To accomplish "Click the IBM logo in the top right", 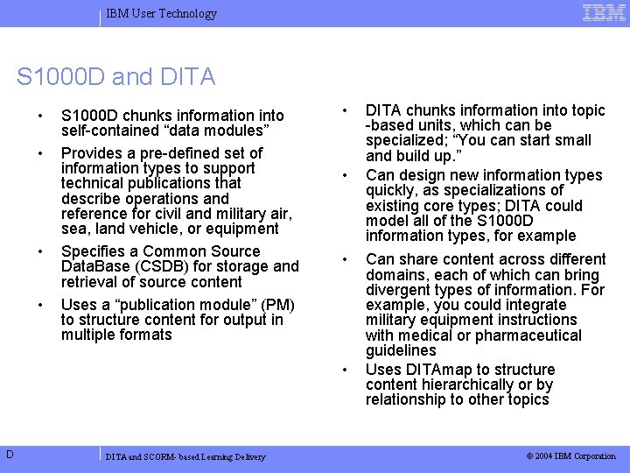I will coord(604,12).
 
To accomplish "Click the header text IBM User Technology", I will coord(161,13).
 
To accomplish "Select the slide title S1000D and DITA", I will coord(115,77).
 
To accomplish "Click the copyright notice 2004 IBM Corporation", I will coord(570,456).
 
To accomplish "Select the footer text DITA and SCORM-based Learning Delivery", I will coord(185,456).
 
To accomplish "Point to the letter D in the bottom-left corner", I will coord(8,453).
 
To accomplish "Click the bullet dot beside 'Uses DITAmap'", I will coord(346,368).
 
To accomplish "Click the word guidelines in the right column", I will coord(401,350).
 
